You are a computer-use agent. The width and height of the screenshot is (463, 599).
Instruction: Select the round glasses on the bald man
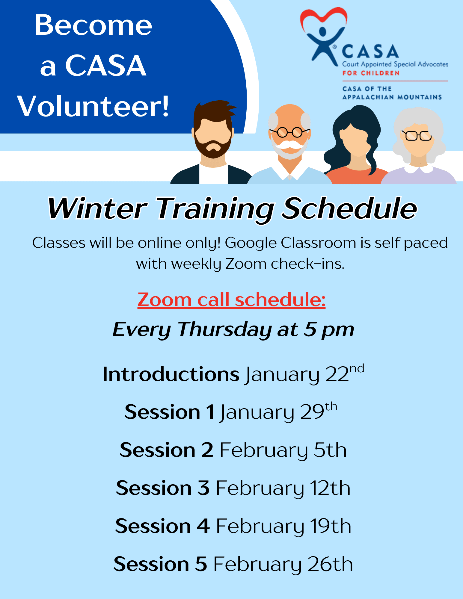click(x=290, y=132)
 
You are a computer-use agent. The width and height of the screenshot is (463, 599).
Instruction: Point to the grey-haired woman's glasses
click(x=417, y=136)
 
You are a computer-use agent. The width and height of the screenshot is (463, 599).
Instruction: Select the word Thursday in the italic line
click(x=224, y=329)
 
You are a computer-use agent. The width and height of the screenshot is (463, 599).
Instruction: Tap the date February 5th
click(x=283, y=450)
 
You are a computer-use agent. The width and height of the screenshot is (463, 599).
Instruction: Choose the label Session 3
click(x=163, y=488)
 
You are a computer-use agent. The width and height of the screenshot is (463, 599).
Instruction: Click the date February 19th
click(x=283, y=526)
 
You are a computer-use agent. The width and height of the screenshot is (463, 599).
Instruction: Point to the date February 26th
click(x=283, y=564)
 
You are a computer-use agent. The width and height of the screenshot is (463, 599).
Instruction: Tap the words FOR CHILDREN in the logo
click(x=371, y=73)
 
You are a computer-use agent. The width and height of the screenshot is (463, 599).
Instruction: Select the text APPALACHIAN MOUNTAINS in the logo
click(x=392, y=97)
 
